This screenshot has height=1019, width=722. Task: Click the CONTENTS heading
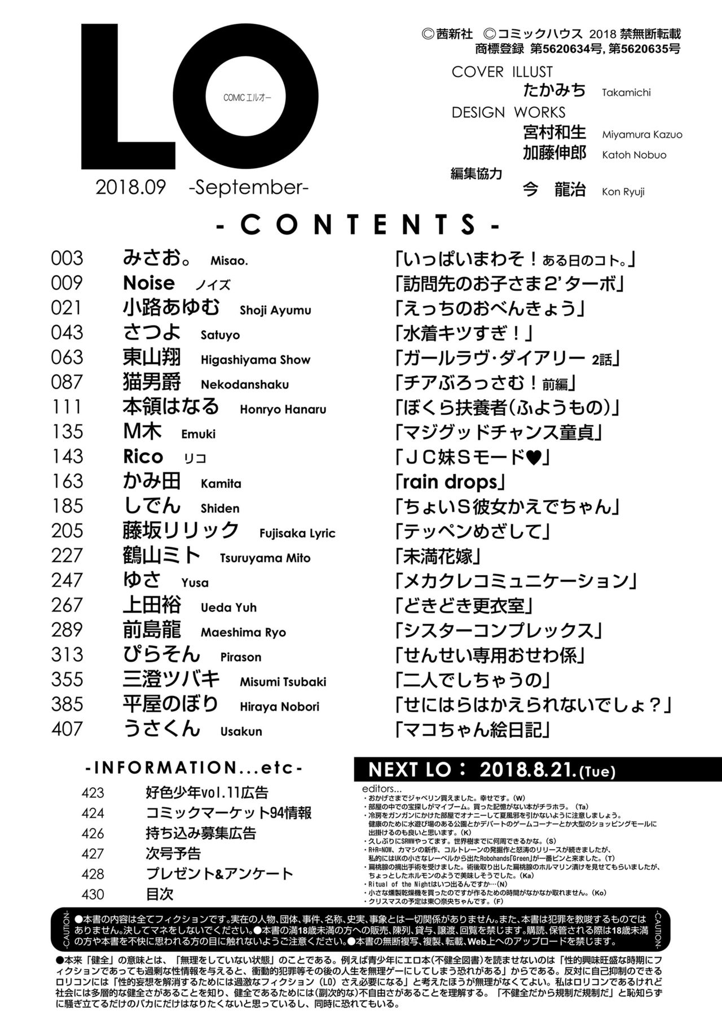click(x=358, y=224)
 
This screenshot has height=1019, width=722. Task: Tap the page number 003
click(x=67, y=258)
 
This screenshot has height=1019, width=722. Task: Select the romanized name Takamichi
click(x=626, y=92)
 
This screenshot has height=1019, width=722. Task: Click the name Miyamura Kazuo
click(x=642, y=135)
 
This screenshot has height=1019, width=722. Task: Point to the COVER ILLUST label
click(x=502, y=72)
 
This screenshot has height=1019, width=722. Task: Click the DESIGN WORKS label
click(x=508, y=112)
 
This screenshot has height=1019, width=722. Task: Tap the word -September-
click(x=249, y=187)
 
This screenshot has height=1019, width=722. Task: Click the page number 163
click(x=67, y=482)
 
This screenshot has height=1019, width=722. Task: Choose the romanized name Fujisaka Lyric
click(x=297, y=533)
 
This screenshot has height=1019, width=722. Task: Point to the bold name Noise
click(x=149, y=283)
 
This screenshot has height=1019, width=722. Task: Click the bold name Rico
click(x=143, y=456)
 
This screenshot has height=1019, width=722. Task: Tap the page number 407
click(x=67, y=729)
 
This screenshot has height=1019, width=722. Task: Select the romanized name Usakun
click(x=241, y=731)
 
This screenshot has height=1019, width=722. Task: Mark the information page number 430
click(x=93, y=894)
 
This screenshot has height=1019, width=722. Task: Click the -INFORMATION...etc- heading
click(x=193, y=767)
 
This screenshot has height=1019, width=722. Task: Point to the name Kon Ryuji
click(x=623, y=192)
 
